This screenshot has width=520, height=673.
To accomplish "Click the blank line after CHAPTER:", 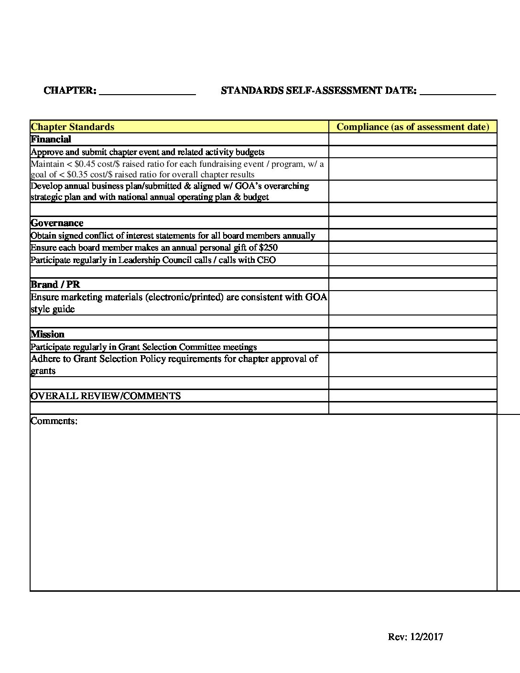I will pyautogui.click(x=147, y=91).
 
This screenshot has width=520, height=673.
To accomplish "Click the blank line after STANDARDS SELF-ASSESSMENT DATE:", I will pyautogui.click(x=457, y=91).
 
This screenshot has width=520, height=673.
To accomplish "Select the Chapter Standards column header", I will pyautogui.click(x=73, y=127).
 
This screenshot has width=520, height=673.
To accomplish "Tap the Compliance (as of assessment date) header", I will pyautogui.click(x=413, y=127).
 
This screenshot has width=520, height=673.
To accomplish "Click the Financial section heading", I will pyautogui.click(x=51, y=139).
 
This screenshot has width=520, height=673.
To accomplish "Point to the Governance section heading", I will pyautogui.click(x=57, y=223).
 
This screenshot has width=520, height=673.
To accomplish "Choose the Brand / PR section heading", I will pyautogui.click(x=55, y=284).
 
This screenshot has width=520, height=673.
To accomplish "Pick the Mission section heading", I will pyautogui.click(x=47, y=334).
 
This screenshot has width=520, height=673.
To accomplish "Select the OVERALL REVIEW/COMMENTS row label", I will pyautogui.click(x=106, y=396).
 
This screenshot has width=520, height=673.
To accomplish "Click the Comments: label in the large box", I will pyautogui.click(x=54, y=421).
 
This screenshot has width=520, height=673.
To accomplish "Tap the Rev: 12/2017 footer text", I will pyautogui.click(x=415, y=637).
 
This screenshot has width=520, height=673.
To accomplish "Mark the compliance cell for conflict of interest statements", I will pyautogui.click(x=413, y=235).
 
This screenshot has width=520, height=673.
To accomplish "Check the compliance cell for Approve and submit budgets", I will pyautogui.click(x=413, y=152).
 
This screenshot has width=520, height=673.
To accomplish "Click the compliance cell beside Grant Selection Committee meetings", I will pyautogui.click(x=413, y=347).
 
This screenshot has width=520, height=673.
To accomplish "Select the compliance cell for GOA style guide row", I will pyautogui.click(x=413, y=303).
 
